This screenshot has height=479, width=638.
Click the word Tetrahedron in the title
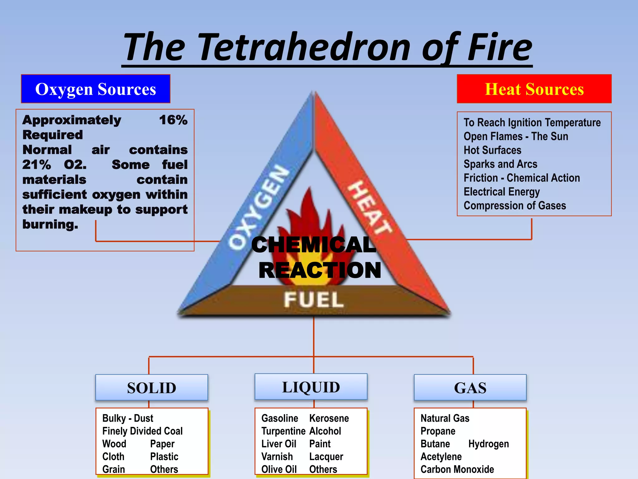(304, 47)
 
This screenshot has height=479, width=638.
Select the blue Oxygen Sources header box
(96, 89)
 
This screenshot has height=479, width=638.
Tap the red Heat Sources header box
(534, 89)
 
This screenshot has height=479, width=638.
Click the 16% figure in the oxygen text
(173, 120)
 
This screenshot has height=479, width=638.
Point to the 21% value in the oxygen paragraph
(37, 165)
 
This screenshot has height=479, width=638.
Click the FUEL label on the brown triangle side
(313, 300)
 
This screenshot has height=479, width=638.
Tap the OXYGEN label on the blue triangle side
(259, 207)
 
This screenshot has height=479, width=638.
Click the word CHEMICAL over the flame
(313, 245)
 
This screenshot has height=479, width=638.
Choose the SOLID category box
(152, 388)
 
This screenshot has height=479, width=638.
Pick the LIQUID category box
(311, 387)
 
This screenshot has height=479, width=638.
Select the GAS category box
(470, 388)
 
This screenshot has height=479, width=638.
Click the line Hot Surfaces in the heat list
(492, 150)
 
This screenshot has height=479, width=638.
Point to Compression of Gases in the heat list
(515, 206)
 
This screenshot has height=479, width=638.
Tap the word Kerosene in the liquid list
(329, 418)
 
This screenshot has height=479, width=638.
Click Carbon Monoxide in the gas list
(457, 469)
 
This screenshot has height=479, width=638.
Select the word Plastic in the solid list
(164, 457)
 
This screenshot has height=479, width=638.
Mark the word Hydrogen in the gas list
(488, 444)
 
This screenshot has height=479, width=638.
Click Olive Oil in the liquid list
(279, 469)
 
